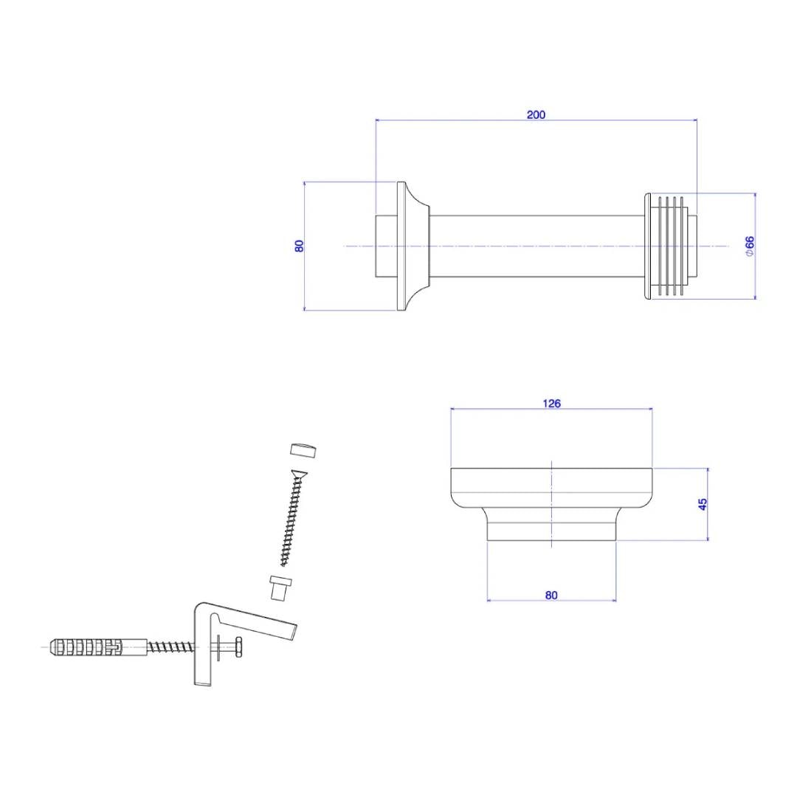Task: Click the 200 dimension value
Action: coord(536,114)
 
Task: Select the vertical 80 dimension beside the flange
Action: coord(299,246)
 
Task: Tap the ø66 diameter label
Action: coord(750,246)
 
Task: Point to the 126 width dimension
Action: coord(551,403)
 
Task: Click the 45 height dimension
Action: coord(703,504)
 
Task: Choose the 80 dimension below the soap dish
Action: coord(551,595)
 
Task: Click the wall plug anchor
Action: coord(86,647)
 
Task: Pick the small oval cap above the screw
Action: coord(303,450)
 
